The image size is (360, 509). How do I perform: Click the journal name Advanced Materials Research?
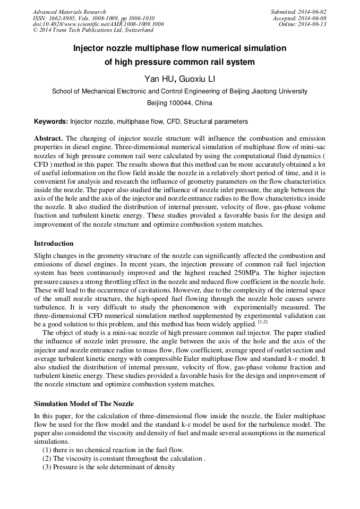point(69,12)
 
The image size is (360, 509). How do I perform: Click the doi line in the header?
point(98,24)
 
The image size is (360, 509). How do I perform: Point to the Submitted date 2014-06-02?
point(313,12)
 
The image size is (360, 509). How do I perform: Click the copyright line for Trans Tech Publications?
point(93,30)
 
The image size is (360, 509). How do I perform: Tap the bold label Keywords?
point(52,122)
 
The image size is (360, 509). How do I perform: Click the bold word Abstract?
point(48,138)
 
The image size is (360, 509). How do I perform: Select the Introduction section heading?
point(54,244)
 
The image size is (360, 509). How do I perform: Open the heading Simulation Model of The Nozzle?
point(84,404)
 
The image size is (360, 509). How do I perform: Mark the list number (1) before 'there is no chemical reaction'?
point(47,450)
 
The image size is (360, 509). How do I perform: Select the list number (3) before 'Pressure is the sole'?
point(47,467)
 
